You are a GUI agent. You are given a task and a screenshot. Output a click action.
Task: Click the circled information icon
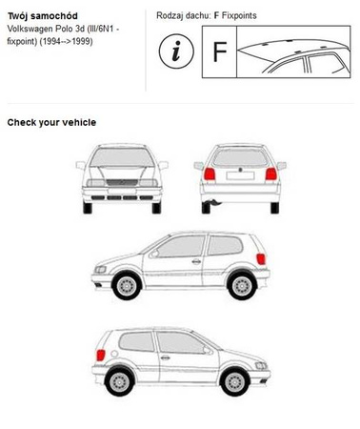tap(176, 51)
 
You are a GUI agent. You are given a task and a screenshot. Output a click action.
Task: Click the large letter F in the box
tap(220, 51)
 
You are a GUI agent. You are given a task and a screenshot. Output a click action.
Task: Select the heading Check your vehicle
tap(51, 123)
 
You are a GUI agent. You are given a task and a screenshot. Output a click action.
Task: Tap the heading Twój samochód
tap(43, 16)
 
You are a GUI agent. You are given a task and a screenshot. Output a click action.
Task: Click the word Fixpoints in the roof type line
tap(239, 15)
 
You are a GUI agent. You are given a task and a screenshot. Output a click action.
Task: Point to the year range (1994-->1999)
tap(66, 41)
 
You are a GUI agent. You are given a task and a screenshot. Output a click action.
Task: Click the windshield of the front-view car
tap(122, 157)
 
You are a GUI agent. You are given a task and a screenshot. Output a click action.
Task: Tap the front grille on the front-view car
tap(122, 183)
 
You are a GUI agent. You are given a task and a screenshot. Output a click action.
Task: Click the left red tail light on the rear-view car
tap(210, 174)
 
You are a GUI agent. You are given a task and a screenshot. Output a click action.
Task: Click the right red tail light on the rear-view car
tap(271, 174)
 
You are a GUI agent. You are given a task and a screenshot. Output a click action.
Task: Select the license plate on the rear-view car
tap(240, 175)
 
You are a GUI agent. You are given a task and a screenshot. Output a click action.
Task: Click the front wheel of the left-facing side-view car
tap(127, 286)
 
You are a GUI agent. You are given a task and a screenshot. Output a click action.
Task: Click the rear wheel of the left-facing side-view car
tap(242, 286)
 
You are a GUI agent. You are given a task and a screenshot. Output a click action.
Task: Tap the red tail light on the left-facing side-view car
tap(261, 259)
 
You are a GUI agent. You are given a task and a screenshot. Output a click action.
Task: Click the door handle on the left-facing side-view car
tap(196, 261)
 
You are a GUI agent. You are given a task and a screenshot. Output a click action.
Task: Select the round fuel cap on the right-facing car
tap(114, 354)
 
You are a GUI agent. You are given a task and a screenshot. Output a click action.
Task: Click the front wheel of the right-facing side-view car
tap(235, 381)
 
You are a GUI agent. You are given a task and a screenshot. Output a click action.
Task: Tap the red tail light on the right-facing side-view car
tap(100, 355)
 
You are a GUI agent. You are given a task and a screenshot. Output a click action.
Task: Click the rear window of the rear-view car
tap(240, 158)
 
